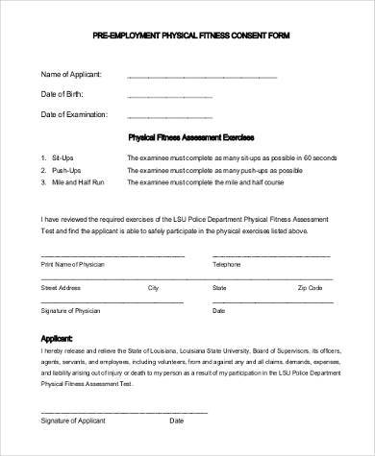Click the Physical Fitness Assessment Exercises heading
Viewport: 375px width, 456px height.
click(x=189, y=136)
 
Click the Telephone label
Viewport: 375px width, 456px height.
click(x=226, y=262)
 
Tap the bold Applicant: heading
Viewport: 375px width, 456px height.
click(x=57, y=337)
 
